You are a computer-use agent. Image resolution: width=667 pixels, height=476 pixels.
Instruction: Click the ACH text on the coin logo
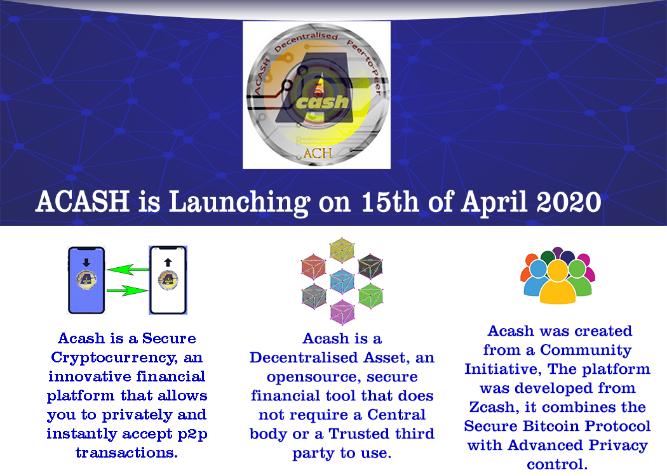[x=318, y=153]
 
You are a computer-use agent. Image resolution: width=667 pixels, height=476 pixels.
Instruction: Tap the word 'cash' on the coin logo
[x=323, y=102]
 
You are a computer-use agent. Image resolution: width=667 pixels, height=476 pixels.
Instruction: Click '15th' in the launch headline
[x=389, y=201]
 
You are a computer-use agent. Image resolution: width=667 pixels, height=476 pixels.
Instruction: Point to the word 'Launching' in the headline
[x=239, y=203]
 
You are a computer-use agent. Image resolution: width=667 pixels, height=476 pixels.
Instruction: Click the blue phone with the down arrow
[x=86, y=280]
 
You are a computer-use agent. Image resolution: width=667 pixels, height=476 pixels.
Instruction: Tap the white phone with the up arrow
[x=168, y=280]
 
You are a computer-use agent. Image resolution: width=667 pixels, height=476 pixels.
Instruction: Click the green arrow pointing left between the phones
[x=127, y=270]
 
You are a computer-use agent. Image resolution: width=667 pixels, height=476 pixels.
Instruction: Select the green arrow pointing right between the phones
[x=127, y=291]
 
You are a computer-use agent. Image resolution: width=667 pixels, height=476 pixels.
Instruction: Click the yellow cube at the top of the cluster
[x=342, y=250]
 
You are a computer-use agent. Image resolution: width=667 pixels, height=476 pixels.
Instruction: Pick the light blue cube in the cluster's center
[x=342, y=281]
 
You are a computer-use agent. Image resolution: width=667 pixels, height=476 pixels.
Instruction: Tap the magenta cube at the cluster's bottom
[x=342, y=312]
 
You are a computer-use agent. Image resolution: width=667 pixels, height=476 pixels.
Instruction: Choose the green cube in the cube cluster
[x=371, y=296]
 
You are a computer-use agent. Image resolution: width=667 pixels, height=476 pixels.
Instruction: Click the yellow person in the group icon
[x=558, y=282]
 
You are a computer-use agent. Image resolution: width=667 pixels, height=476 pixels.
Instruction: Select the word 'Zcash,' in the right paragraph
[x=494, y=407]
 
